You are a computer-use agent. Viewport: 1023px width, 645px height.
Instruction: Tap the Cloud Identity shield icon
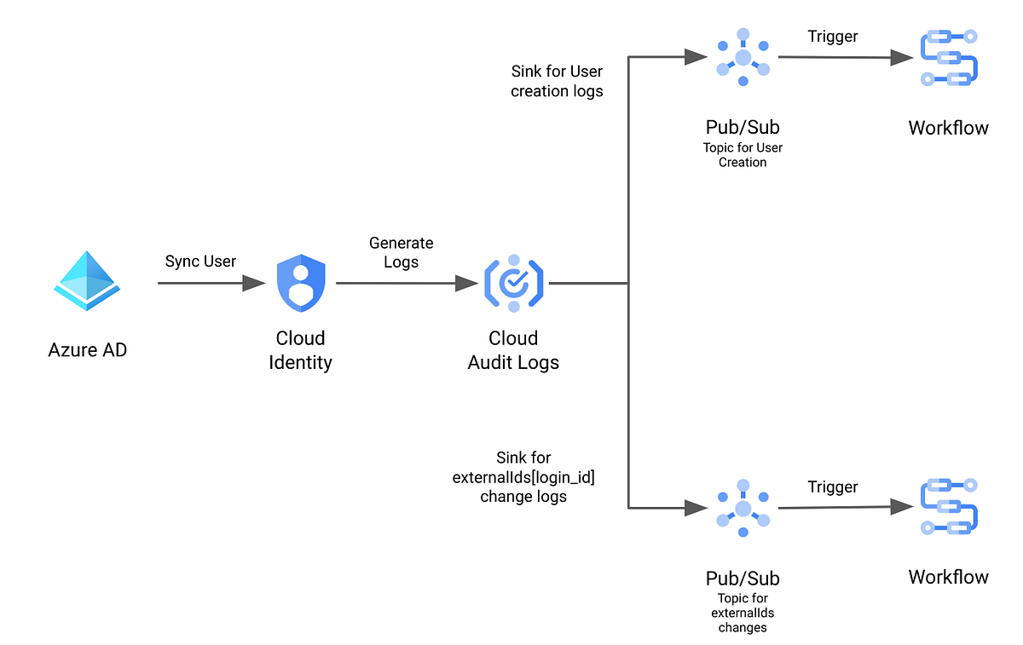click(x=301, y=284)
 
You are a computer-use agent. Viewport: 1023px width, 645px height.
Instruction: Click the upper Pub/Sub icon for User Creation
click(x=743, y=58)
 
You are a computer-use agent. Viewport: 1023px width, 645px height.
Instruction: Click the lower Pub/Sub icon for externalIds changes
click(x=743, y=508)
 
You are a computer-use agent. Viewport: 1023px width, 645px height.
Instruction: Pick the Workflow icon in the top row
click(x=949, y=58)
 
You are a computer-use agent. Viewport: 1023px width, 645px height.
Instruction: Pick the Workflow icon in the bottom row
click(x=949, y=508)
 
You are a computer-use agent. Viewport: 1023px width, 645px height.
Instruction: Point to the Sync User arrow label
click(x=200, y=261)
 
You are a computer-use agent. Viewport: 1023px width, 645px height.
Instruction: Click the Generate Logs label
click(x=401, y=252)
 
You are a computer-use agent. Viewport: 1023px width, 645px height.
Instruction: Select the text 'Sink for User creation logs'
click(x=557, y=81)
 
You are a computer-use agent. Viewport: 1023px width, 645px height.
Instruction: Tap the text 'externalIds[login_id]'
click(x=523, y=477)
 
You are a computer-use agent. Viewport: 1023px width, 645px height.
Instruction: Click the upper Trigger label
click(x=832, y=36)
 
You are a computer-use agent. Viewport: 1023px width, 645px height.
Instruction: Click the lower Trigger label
click(x=832, y=487)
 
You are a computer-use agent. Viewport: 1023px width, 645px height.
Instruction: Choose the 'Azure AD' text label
click(x=88, y=350)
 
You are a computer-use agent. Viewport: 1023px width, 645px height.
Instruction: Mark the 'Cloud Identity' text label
click(x=300, y=350)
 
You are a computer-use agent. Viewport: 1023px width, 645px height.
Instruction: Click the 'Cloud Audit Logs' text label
click(x=513, y=350)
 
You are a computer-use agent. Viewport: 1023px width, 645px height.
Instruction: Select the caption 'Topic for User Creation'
click(x=743, y=154)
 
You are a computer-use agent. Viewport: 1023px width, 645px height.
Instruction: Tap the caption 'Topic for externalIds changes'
click(x=743, y=613)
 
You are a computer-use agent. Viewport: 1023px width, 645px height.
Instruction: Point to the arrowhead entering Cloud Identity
click(x=255, y=284)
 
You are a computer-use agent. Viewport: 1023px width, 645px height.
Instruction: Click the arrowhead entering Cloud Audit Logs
click(x=467, y=284)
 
